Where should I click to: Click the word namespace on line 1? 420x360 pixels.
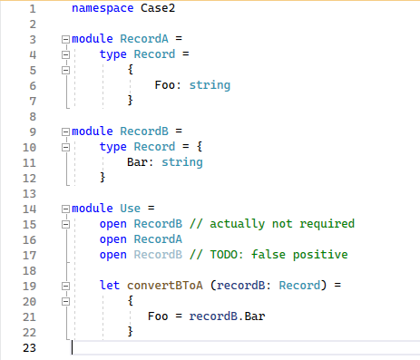point(102,9)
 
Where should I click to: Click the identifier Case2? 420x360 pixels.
point(160,9)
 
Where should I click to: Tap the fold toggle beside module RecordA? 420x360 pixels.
point(64,39)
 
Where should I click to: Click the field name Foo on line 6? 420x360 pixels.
point(166,85)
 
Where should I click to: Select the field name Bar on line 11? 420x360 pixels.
point(139,162)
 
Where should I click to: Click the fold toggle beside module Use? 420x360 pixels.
point(64,209)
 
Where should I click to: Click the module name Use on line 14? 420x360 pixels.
point(132,209)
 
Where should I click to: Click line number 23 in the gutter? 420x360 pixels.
point(31,347)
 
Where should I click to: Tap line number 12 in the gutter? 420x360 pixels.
point(31,178)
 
